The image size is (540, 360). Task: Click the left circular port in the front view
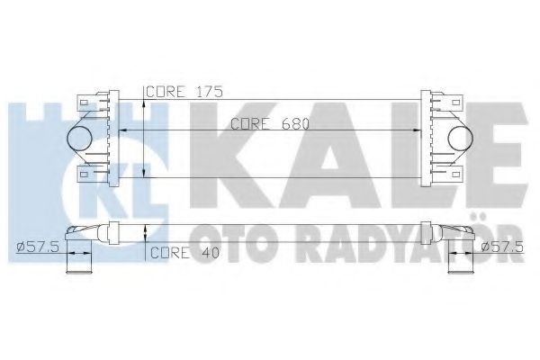tap(80, 136)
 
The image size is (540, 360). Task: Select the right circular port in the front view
tap(460, 136)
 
